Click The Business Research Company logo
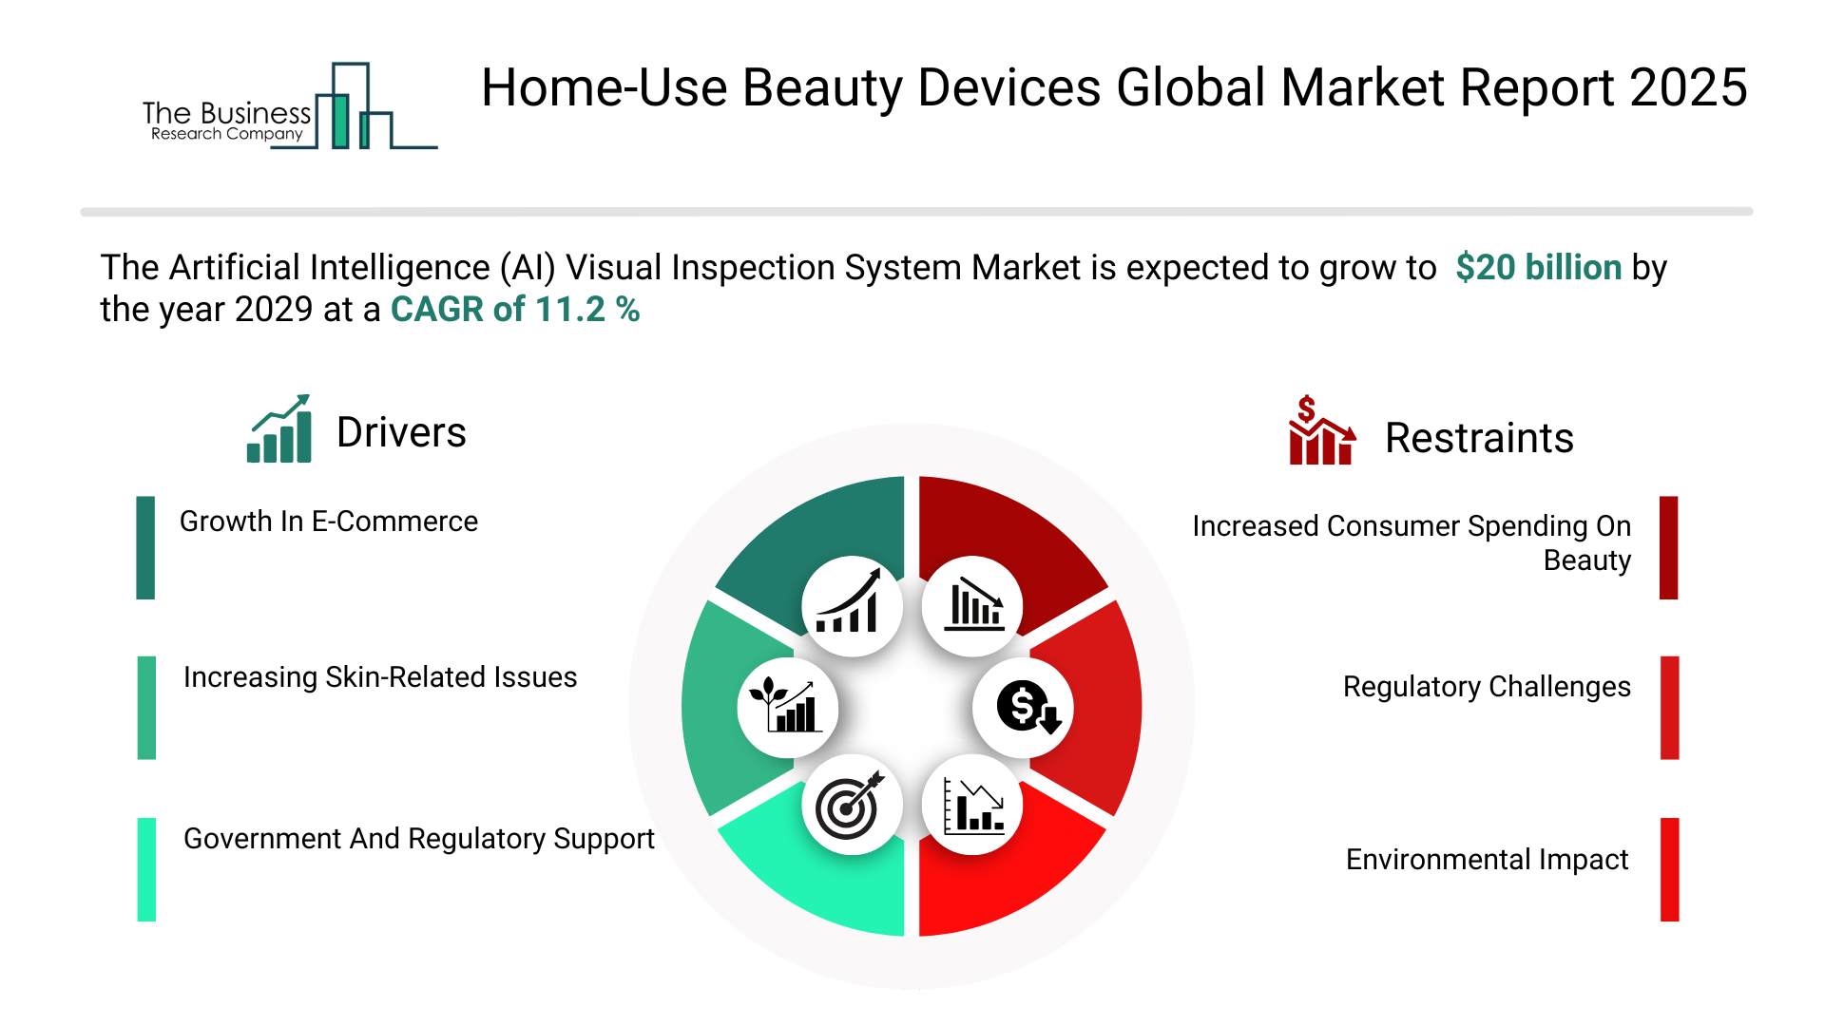[290, 106]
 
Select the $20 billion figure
[1538, 267]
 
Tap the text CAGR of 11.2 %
[515, 309]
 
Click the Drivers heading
[401, 432]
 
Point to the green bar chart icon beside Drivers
[279, 428]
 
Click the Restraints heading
[1479, 438]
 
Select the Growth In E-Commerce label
[329, 522]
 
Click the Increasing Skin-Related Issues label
[380, 677]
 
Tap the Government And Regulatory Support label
[419, 839]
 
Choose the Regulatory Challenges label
[1487, 687]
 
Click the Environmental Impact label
[1488, 860]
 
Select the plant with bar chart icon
[785, 705]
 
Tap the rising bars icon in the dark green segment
[848, 601]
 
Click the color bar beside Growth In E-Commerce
[145, 547]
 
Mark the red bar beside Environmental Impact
[1669, 869]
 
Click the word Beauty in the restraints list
[1587, 560]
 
